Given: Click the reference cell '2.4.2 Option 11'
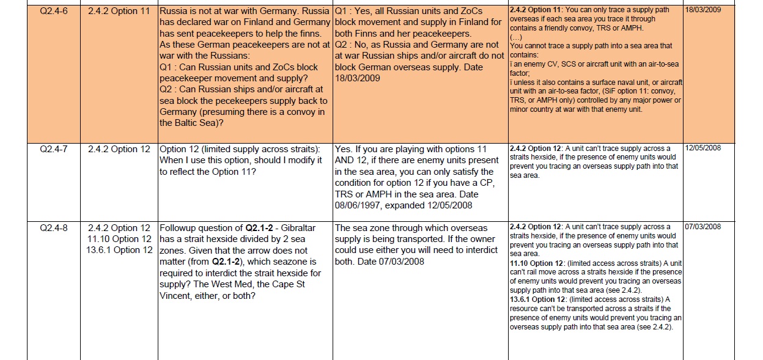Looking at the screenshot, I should (119, 11).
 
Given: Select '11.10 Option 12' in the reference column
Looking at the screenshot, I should (119, 238).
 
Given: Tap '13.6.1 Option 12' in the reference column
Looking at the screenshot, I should (119, 250).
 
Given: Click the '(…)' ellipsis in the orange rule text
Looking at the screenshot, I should (516, 37).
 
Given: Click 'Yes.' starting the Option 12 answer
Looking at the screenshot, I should (344, 149).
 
